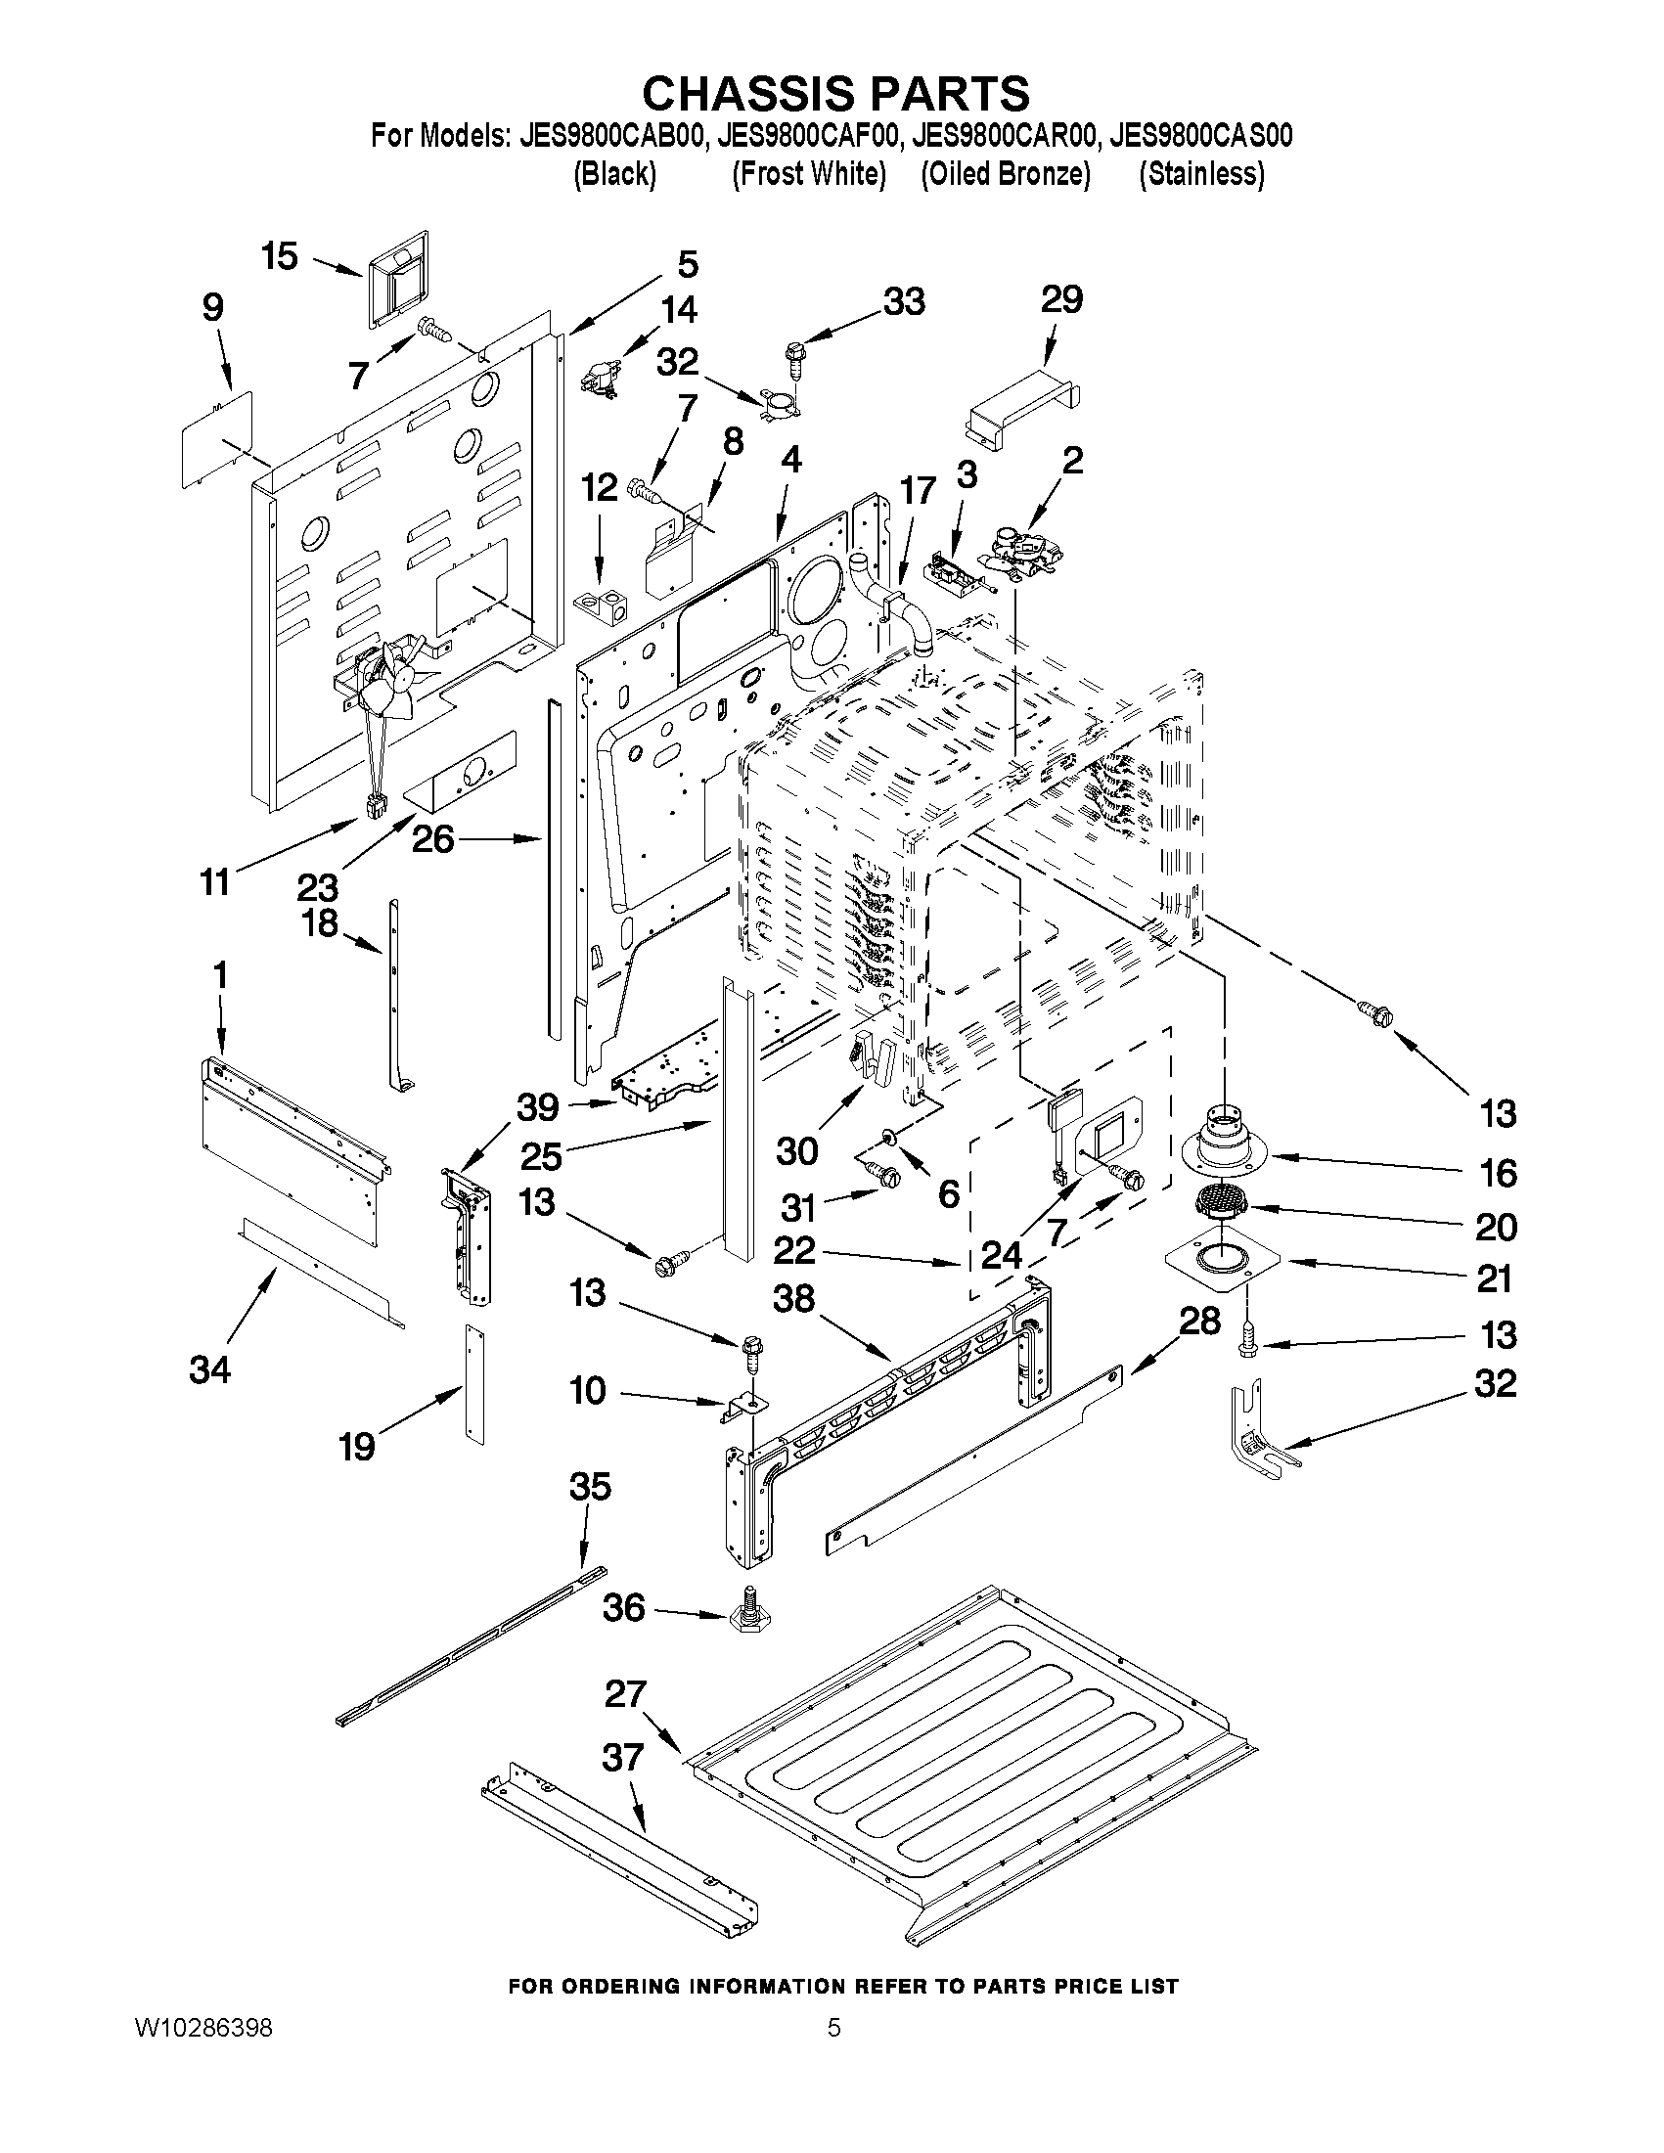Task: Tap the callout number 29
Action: tap(1061, 298)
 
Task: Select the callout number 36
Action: tap(623, 1608)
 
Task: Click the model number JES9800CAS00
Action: tap(1199, 136)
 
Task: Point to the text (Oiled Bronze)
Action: tap(1005, 174)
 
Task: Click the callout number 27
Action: tap(625, 1694)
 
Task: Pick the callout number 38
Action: tap(793, 1298)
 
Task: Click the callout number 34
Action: tap(209, 1368)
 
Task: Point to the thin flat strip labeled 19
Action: tap(475, 1384)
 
